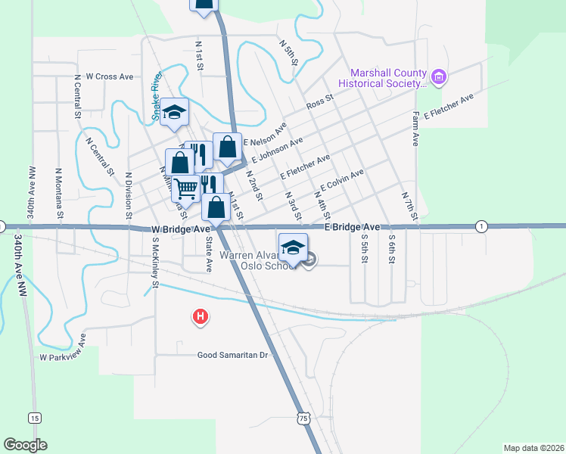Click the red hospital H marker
[200, 316]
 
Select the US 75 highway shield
[303, 418]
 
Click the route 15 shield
[34, 417]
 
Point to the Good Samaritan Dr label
[233, 355]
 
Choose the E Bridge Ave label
[352, 227]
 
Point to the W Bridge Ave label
[180, 229]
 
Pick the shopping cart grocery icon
[185, 187]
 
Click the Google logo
[25, 445]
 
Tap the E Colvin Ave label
[342, 181]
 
